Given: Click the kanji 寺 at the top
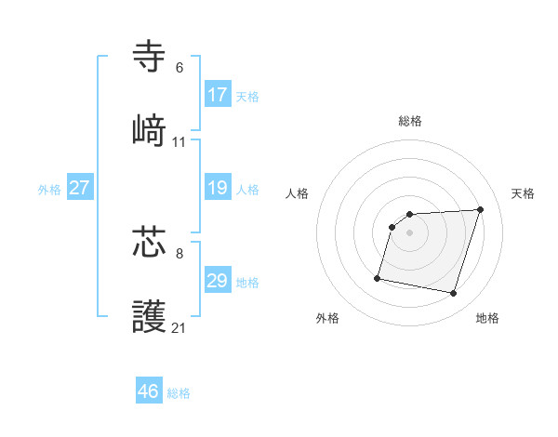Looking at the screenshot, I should pyautogui.click(x=150, y=57).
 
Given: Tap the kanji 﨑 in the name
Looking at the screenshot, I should pyautogui.click(x=150, y=129).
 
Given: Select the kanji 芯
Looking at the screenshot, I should pyautogui.click(x=150, y=242).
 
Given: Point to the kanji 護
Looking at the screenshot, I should pyautogui.click(x=150, y=316).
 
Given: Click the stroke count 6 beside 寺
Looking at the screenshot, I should pyautogui.click(x=179, y=68).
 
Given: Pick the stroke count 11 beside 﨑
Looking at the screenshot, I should pyautogui.click(x=179, y=142).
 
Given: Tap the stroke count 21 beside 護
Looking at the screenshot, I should pyautogui.click(x=179, y=327).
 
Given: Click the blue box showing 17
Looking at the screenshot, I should pyautogui.click(x=218, y=95).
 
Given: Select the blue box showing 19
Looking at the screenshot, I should pyautogui.click(x=218, y=188).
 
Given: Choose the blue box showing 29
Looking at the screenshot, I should pyautogui.click(x=218, y=281).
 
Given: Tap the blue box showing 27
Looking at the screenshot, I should pyautogui.click(x=80, y=188).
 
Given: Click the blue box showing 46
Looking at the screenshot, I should pyautogui.click(x=149, y=391).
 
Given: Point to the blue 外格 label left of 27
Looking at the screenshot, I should pyautogui.click(x=49, y=189).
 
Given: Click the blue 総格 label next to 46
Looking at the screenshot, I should pyautogui.click(x=179, y=393).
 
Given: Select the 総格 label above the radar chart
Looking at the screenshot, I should pyautogui.click(x=410, y=121).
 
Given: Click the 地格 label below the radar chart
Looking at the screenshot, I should pyautogui.click(x=487, y=318).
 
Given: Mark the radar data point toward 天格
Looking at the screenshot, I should pyautogui.click(x=480, y=209).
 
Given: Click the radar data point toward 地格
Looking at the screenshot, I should pyautogui.click(x=453, y=294).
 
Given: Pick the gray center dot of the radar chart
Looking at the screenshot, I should pyautogui.click(x=410, y=232).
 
